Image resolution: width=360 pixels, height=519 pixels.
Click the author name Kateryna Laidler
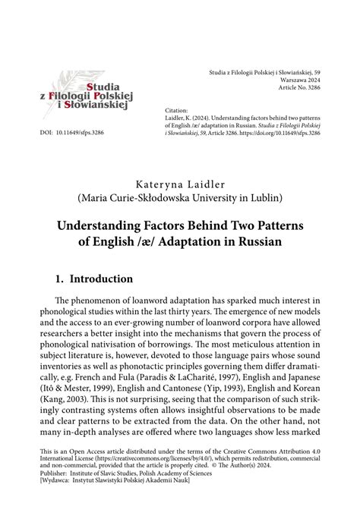click(179, 184)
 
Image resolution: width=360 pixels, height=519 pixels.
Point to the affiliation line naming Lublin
click(179, 200)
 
